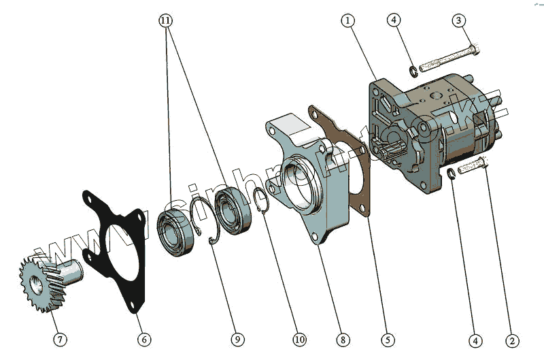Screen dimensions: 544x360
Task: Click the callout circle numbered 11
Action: (x=165, y=20)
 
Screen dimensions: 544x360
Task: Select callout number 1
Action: (x=348, y=20)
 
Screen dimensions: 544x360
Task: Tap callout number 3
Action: (x=460, y=20)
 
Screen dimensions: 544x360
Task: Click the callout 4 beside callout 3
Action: (x=395, y=20)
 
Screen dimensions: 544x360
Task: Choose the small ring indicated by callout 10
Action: (x=261, y=202)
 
